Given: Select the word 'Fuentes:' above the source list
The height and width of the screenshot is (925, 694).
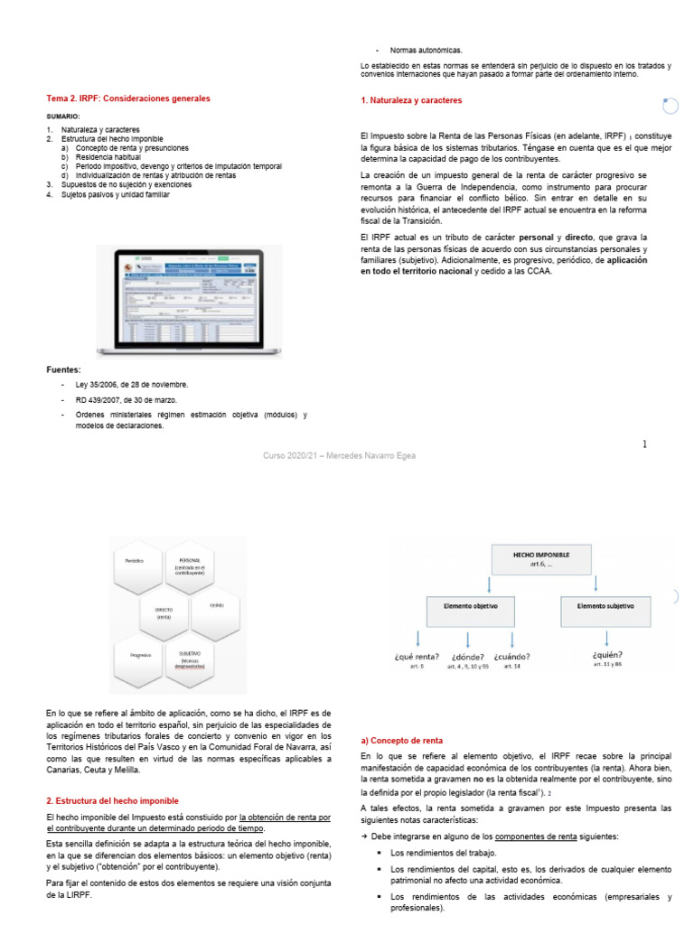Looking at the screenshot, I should pos(63,369).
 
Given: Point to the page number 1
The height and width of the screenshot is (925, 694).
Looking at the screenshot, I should pos(645,444).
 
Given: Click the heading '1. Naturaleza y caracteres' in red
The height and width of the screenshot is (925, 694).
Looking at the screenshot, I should pos(410,100).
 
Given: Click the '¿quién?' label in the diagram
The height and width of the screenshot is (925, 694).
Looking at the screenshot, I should pos(607,655).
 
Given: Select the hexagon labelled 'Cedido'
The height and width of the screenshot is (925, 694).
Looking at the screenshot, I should pos(216,605).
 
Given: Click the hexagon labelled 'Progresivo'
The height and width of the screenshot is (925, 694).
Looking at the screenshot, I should pos(140,654).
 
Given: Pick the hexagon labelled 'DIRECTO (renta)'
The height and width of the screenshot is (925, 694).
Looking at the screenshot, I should pos(164,613).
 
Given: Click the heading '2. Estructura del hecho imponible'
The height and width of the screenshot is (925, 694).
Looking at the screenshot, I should pos(112,800).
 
